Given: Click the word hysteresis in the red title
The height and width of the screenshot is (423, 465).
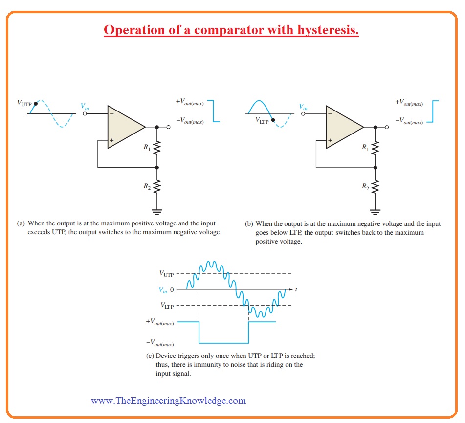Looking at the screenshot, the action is [x=328, y=30].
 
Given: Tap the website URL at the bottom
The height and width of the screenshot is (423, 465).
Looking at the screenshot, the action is [x=168, y=401].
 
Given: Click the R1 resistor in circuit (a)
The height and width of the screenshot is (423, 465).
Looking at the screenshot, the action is [x=157, y=147].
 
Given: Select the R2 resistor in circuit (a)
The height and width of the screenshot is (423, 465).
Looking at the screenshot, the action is [x=157, y=187].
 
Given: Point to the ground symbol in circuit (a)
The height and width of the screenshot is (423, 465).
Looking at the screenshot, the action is [x=157, y=212].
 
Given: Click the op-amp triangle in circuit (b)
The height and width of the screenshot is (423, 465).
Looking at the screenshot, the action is [x=344, y=127].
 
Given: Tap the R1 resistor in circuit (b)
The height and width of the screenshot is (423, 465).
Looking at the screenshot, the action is [x=375, y=147].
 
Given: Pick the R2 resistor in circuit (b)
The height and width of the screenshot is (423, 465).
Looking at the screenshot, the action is [x=375, y=187].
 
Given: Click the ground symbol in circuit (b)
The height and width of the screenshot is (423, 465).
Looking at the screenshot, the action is [x=375, y=212].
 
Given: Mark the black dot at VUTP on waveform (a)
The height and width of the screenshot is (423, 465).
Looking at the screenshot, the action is [x=36, y=104].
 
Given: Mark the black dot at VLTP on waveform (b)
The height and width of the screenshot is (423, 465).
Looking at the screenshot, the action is [x=273, y=120].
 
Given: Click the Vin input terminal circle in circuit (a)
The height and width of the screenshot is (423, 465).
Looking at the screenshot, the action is [x=85, y=113].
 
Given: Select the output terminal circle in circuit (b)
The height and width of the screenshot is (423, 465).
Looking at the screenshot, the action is [x=387, y=127].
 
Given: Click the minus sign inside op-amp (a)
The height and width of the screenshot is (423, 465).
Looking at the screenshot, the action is [x=111, y=113].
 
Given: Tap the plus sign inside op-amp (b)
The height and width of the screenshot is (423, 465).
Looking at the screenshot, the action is [x=330, y=140].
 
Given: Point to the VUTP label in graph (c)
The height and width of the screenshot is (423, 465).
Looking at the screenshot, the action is [x=166, y=273].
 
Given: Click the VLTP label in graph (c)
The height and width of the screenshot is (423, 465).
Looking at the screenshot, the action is [x=167, y=305].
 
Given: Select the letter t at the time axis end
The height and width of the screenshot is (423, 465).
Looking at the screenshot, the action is [x=296, y=289].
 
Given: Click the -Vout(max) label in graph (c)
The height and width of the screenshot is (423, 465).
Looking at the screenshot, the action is [x=160, y=343].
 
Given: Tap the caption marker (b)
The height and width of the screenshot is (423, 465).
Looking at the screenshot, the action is [x=249, y=224].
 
